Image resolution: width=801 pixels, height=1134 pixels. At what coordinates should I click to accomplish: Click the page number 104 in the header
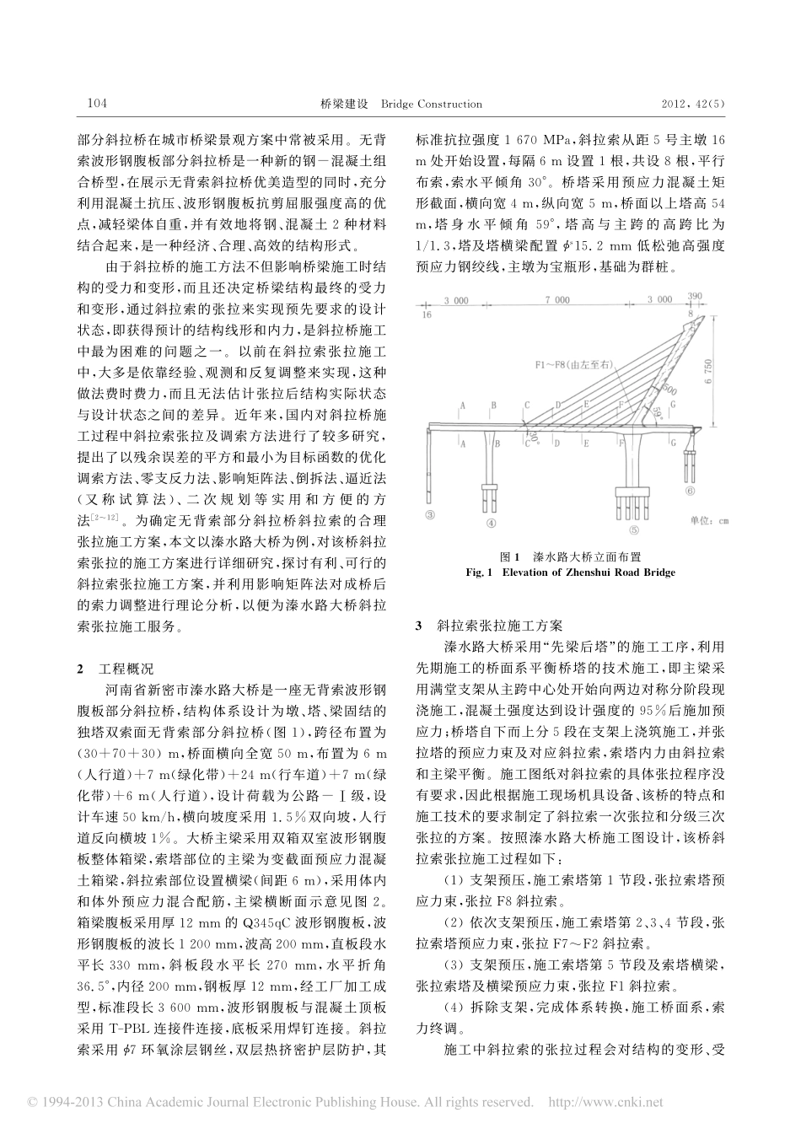click(97, 104)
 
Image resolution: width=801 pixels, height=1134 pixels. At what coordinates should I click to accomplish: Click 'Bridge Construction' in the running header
click(431, 104)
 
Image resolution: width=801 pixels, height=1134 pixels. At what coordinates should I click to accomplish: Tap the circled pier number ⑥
click(690, 490)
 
